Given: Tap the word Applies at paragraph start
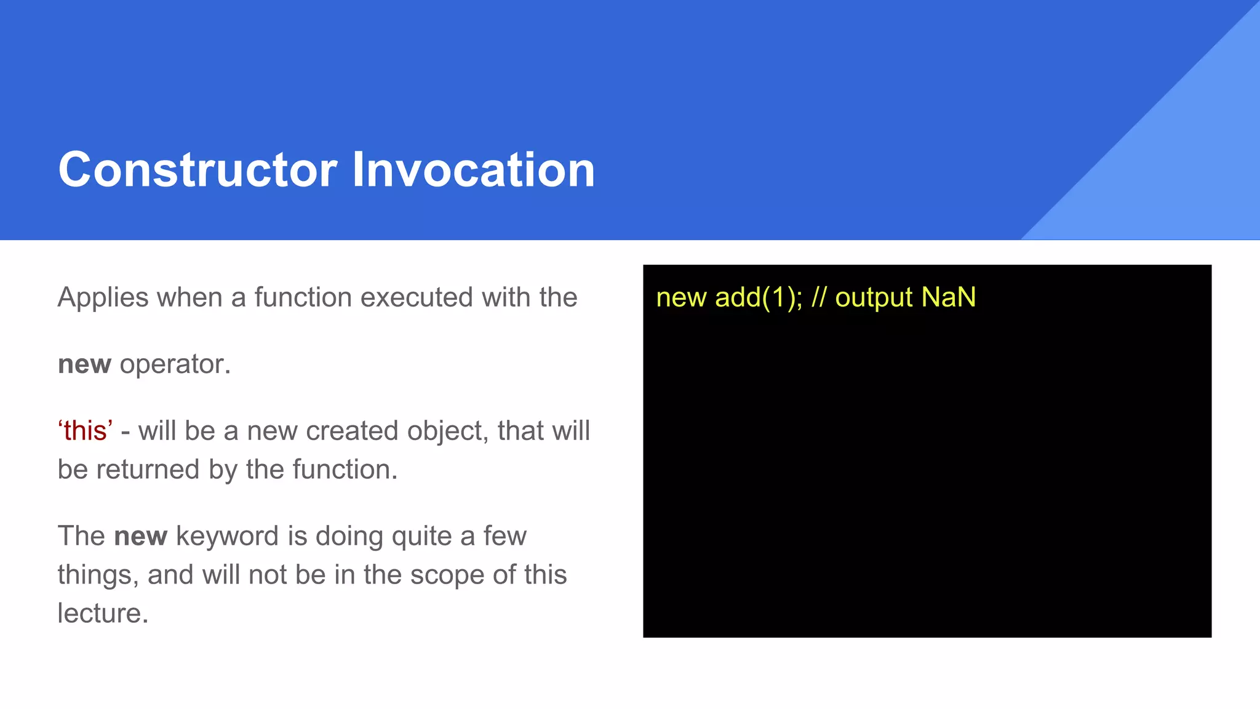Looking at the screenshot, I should (x=103, y=298).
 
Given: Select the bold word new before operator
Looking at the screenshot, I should (x=84, y=364).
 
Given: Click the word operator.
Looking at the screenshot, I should (x=175, y=364).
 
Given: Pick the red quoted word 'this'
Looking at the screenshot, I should (x=86, y=431).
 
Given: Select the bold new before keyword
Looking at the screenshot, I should (x=140, y=536).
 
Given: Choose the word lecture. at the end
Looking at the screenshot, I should (x=103, y=614).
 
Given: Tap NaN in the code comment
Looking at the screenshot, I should (x=949, y=298).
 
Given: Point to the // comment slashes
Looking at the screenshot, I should (x=818, y=298).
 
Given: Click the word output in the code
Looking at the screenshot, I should (x=874, y=298).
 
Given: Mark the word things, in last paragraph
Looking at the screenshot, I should (x=98, y=575).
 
